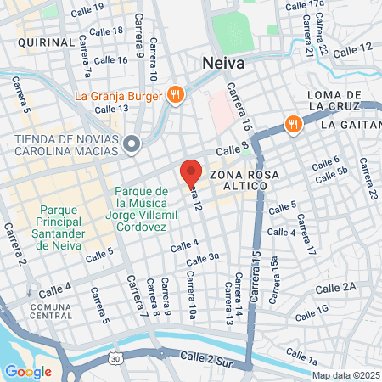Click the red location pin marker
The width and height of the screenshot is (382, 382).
point(191,173)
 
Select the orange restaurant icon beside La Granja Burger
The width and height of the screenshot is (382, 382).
point(176,94)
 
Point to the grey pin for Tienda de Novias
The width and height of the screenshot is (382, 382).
point(132,145)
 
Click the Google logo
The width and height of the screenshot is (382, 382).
point(28,371)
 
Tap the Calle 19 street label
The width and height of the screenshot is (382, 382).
point(87,11)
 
